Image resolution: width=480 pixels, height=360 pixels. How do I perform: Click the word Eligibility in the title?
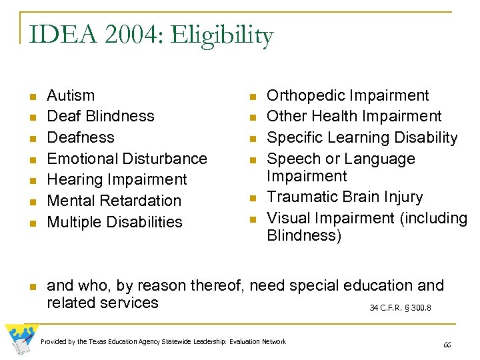tap(222, 36)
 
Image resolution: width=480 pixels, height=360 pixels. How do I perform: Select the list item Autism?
tap(71, 95)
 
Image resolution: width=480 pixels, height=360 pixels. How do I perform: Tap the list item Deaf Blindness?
tap(100, 116)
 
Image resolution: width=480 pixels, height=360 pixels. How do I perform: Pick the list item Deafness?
tap(81, 137)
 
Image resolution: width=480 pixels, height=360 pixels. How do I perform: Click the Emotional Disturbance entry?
tap(127, 159)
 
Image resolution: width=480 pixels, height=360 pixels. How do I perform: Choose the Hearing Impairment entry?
tap(117, 179)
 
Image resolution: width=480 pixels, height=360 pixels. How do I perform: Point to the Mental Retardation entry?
tap(114, 201)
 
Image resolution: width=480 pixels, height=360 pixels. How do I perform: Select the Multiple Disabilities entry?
tap(114, 222)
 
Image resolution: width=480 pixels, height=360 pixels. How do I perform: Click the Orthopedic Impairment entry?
tap(347, 95)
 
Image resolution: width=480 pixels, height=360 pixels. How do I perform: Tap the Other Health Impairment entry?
tap(353, 116)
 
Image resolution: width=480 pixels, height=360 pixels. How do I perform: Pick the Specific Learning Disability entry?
tap(361, 137)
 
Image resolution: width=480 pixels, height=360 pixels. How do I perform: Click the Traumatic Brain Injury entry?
tap(344, 197)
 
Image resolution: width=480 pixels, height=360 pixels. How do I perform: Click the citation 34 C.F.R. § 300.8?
tap(400, 308)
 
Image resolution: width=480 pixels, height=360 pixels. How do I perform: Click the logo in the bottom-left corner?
tap(20, 339)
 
